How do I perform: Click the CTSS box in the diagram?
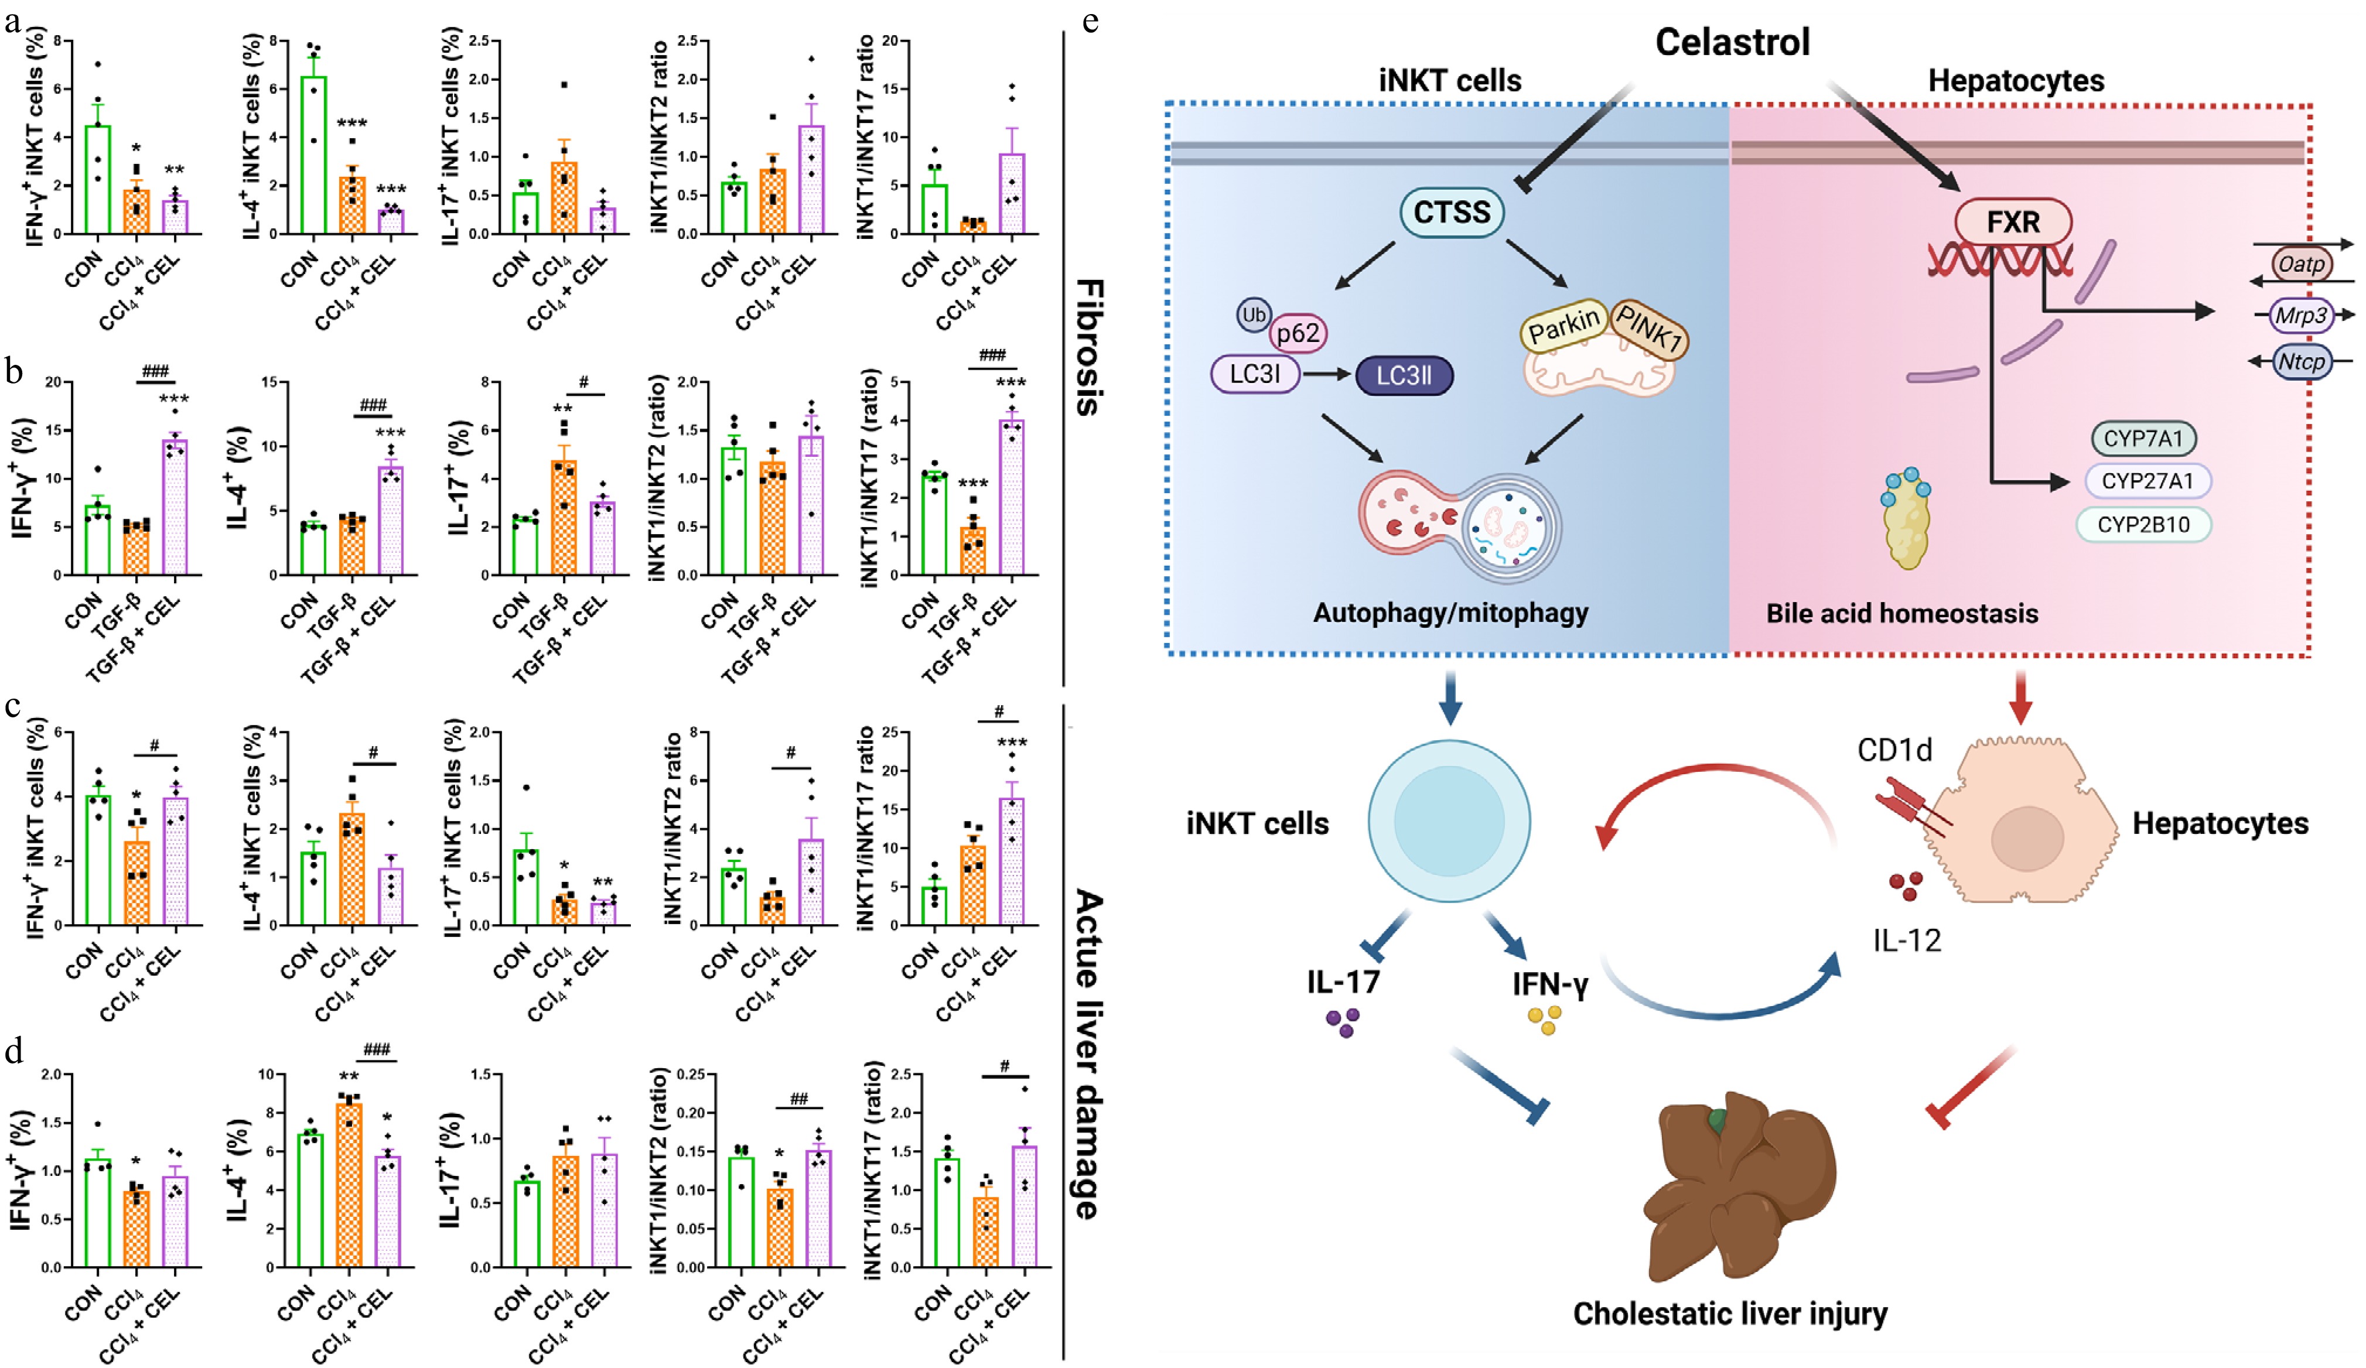pos(1452,212)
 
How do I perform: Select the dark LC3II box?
pos(1404,375)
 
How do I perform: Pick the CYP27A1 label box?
pos(2148,481)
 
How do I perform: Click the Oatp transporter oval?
pos(2300,264)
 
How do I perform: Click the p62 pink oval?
pos(1298,333)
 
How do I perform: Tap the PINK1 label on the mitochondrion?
pos(1650,328)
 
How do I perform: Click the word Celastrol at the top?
pos(1732,42)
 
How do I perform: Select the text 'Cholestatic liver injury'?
pos(1729,1312)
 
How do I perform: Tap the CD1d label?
pos(1894,750)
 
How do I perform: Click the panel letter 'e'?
pos(1090,20)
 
